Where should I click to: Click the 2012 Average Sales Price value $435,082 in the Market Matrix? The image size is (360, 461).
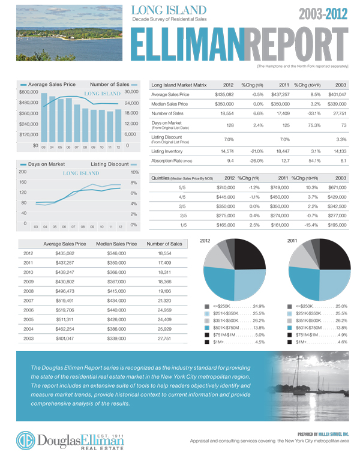(x=224, y=94)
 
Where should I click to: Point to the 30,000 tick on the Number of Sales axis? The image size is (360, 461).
(x=131, y=92)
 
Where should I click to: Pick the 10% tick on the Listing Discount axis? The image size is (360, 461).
(x=134, y=172)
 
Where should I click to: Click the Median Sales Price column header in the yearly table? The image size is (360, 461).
(x=116, y=244)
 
